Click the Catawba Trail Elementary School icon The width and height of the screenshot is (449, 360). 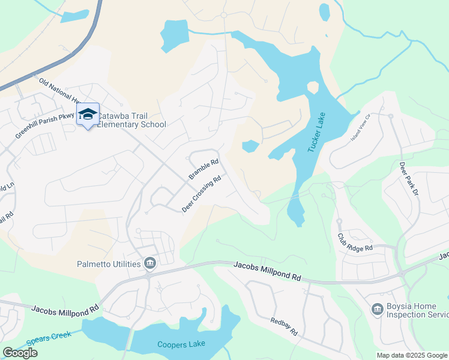click(x=88, y=114)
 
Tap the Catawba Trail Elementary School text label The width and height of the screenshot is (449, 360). click(x=131, y=120)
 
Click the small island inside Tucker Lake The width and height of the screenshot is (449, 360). click(x=312, y=88)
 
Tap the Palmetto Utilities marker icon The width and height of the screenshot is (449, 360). click(x=150, y=263)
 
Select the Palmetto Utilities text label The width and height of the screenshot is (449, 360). click(x=109, y=263)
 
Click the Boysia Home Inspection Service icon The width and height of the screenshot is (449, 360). click(x=377, y=309)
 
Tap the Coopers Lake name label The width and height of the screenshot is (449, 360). click(x=181, y=344)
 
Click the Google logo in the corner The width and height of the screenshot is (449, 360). click(x=20, y=353)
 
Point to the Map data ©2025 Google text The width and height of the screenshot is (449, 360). click(x=412, y=355)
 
